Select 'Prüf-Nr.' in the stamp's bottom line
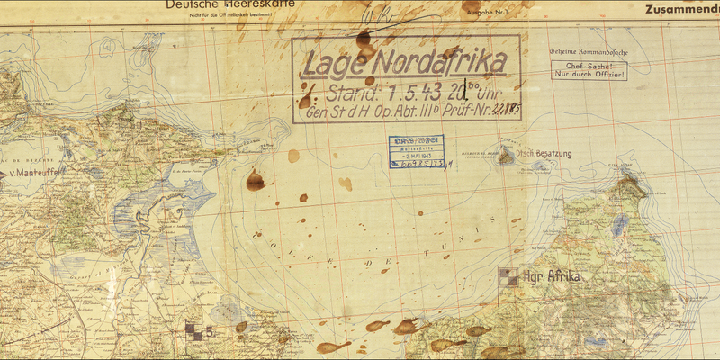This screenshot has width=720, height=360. pos(469,112)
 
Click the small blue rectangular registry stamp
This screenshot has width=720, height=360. pos(416,151)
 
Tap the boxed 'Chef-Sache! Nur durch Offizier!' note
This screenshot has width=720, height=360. pos(590,69)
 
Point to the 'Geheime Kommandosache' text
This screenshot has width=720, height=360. pos(588,51)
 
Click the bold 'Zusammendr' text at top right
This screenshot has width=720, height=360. pos(681,10)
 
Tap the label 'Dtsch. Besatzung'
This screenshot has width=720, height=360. pos(543,154)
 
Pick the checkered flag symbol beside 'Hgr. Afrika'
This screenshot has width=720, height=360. pos(508,277)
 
